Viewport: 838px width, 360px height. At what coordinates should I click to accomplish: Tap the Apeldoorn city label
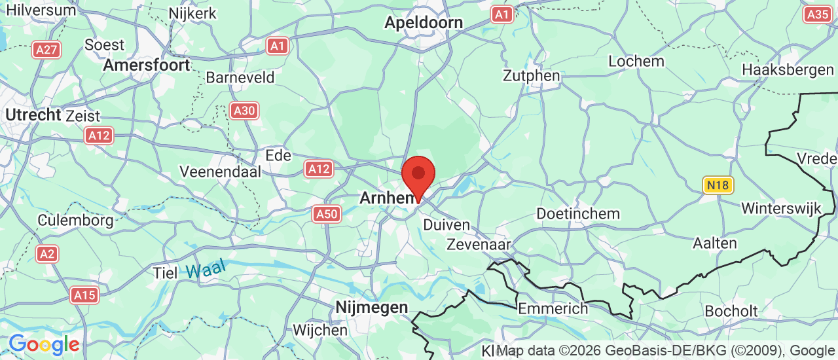(423, 22)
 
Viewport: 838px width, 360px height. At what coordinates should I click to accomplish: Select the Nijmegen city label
(371, 307)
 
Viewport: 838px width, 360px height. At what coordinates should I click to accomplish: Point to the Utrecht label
(33, 115)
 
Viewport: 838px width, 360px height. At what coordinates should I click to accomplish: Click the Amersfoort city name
(147, 65)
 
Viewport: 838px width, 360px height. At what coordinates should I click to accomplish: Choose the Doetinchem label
(577, 214)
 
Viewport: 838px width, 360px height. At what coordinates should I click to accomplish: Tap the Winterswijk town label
(780, 209)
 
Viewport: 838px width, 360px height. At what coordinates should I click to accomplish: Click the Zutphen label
(531, 76)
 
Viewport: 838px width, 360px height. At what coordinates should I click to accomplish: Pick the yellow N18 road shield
(718, 185)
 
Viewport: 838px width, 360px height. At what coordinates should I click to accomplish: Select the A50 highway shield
(326, 213)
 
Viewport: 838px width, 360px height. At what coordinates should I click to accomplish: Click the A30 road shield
(244, 111)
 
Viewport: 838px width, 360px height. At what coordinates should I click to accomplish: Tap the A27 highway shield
(47, 50)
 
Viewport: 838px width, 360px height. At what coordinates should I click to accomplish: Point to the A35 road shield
(818, 14)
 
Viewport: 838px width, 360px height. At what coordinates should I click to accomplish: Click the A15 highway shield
(85, 295)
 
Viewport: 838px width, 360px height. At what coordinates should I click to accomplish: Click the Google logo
(44, 344)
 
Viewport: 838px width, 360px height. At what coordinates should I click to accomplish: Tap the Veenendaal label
(220, 171)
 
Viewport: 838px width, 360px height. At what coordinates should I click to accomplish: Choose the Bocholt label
(731, 311)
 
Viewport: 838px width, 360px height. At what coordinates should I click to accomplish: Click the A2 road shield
(46, 254)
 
